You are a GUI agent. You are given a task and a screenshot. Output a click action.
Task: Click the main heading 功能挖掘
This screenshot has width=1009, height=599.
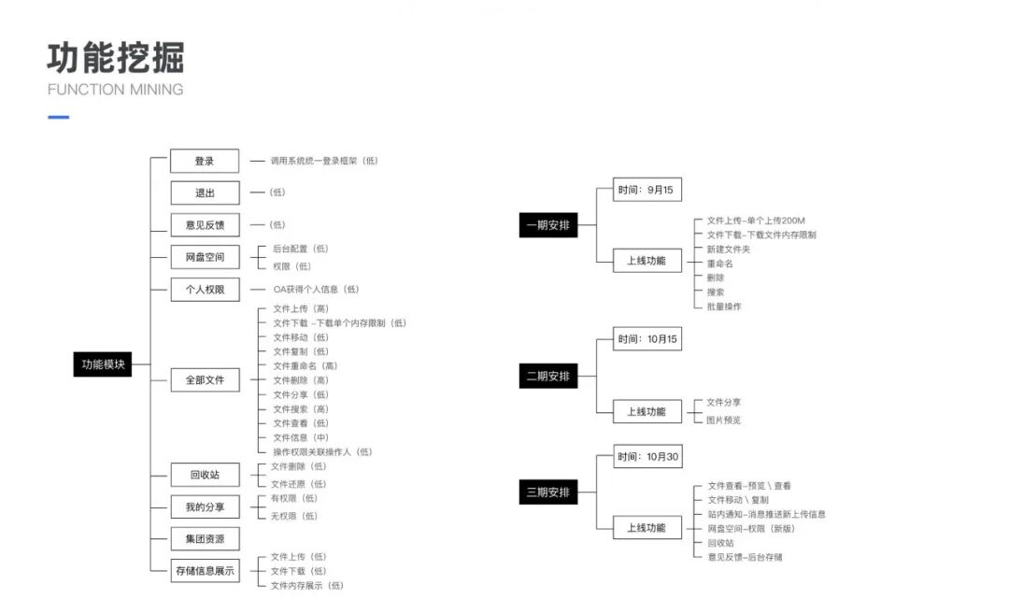pyautogui.click(x=116, y=58)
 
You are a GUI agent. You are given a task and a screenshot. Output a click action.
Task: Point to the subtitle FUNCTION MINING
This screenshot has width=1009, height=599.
pyautogui.click(x=115, y=90)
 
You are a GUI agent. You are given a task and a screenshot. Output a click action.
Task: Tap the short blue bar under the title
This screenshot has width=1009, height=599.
pyautogui.click(x=58, y=117)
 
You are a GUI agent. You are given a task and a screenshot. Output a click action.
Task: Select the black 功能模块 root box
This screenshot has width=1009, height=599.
pyautogui.click(x=102, y=365)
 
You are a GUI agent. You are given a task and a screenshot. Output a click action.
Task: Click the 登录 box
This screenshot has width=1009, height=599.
pyautogui.click(x=205, y=161)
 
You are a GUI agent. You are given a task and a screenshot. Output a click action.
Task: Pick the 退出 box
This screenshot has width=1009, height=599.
pyautogui.click(x=205, y=193)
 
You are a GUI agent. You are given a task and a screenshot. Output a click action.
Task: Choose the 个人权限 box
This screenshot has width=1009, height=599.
pyautogui.click(x=205, y=289)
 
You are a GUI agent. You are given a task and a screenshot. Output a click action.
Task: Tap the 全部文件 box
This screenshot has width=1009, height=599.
pyautogui.click(x=205, y=379)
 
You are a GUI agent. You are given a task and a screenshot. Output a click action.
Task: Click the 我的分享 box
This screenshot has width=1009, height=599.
pyautogui.click(x=205, y=506)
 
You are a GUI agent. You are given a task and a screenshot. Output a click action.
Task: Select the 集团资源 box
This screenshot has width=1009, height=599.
pyautogui.click(x=205, y=538)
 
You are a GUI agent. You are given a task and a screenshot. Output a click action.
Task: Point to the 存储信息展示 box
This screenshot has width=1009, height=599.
pyautogui.click(x=205, y=570)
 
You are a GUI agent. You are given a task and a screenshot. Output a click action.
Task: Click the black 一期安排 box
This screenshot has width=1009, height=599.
pyautogui.click(x=548, y=224)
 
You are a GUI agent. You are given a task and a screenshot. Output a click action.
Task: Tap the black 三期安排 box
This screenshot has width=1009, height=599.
pyautogui.click(x=548, y=492)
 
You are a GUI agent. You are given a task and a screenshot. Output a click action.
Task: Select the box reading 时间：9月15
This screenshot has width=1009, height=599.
pyautogui.click(x=647, y=190)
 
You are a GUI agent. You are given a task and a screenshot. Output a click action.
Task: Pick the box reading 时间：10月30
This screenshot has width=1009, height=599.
pyautogui.click(x=647, y=458)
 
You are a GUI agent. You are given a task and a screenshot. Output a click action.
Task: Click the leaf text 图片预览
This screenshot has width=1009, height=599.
pyautogui.click(x=724, y=420)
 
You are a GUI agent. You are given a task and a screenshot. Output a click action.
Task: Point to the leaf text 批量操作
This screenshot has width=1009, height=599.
pyautogui.click(x=724, y=307)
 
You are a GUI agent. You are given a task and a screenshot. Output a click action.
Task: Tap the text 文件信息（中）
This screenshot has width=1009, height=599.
pyautogui.click(x=301, y=437)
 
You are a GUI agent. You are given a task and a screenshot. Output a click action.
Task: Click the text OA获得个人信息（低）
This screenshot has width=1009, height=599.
pyautogui.click(x=316, y=290)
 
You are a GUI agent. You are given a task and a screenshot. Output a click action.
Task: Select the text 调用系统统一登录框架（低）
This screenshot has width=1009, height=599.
pyautogui.click(x=324, y=161)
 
